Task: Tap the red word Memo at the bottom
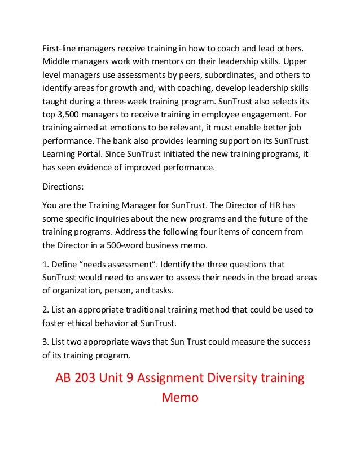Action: click(180, 398)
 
